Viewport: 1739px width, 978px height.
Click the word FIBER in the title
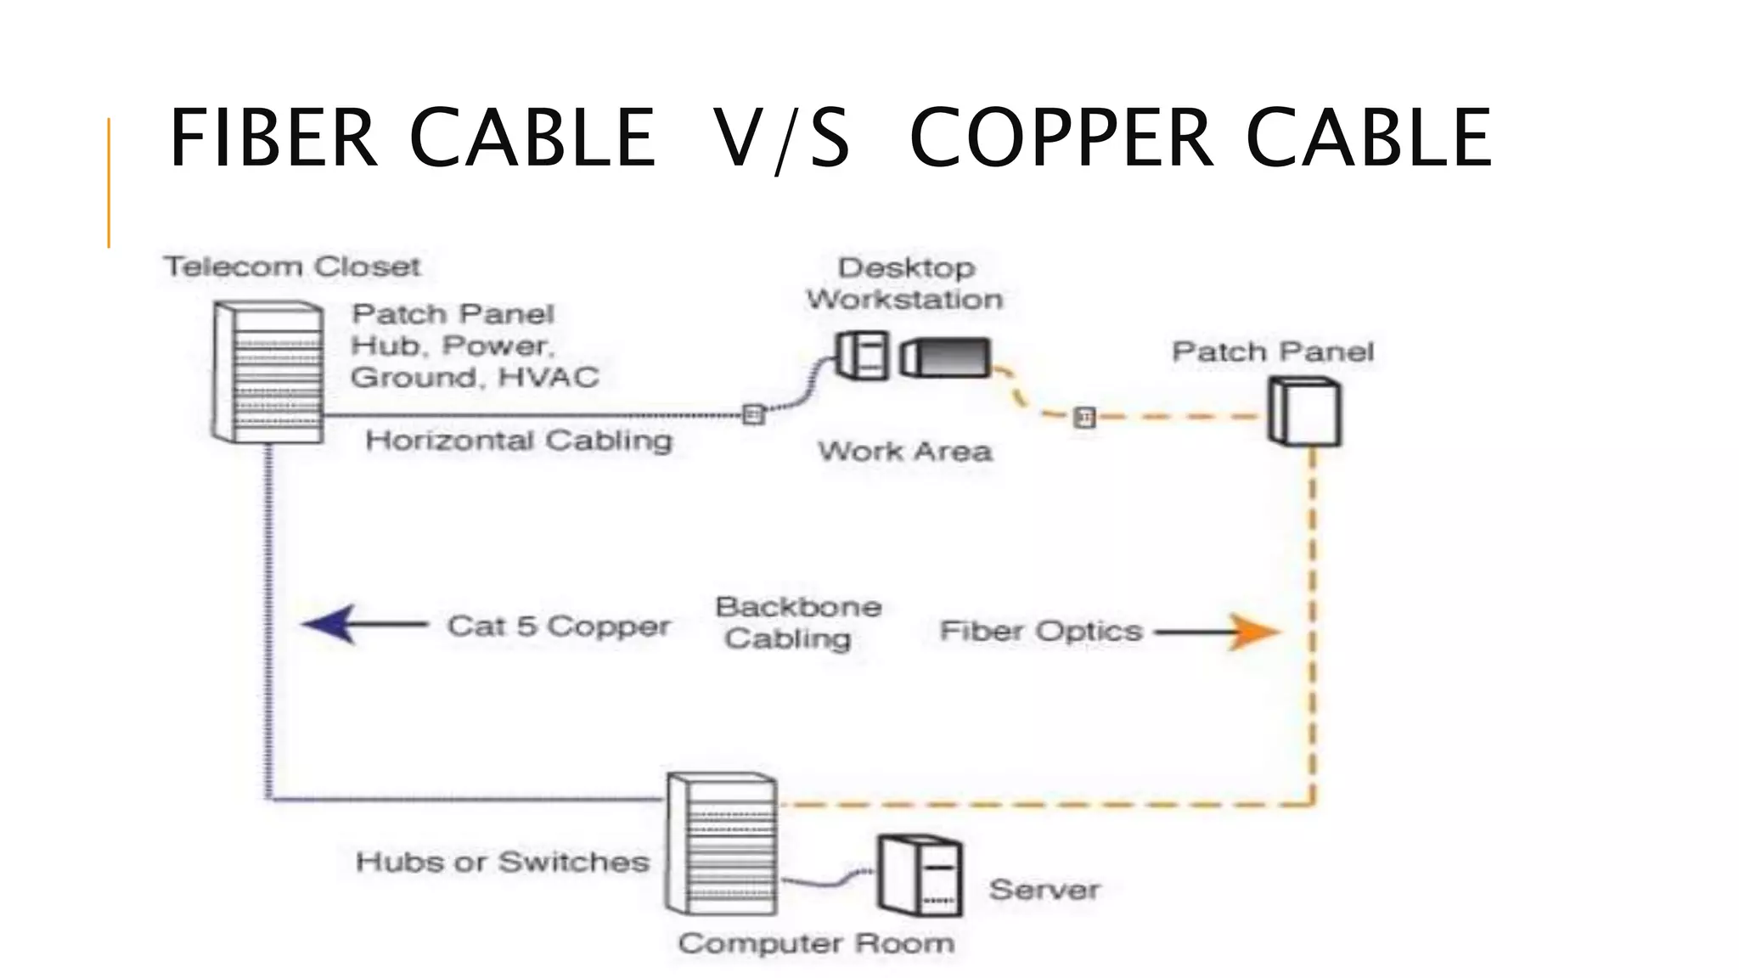(273, 138)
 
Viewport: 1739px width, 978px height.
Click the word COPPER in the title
(1061, 138)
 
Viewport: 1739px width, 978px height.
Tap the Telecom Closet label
(292, 267)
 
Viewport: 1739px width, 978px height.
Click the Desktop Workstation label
(905, 284)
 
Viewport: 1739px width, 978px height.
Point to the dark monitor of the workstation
(946, 357)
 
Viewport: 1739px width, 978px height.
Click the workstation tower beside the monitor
(863, 355)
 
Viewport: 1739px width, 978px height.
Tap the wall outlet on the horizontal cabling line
(752, 414)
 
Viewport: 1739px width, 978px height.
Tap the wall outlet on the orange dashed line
(1084, 417)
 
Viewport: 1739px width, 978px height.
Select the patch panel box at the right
(1305, 412)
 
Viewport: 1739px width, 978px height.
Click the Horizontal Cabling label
(519, 441)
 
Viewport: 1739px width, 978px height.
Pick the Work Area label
(905, 451)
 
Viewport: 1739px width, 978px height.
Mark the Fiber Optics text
(1041, 632)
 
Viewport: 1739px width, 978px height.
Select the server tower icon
(920, 875)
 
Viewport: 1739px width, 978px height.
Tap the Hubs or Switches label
(503, 862)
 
